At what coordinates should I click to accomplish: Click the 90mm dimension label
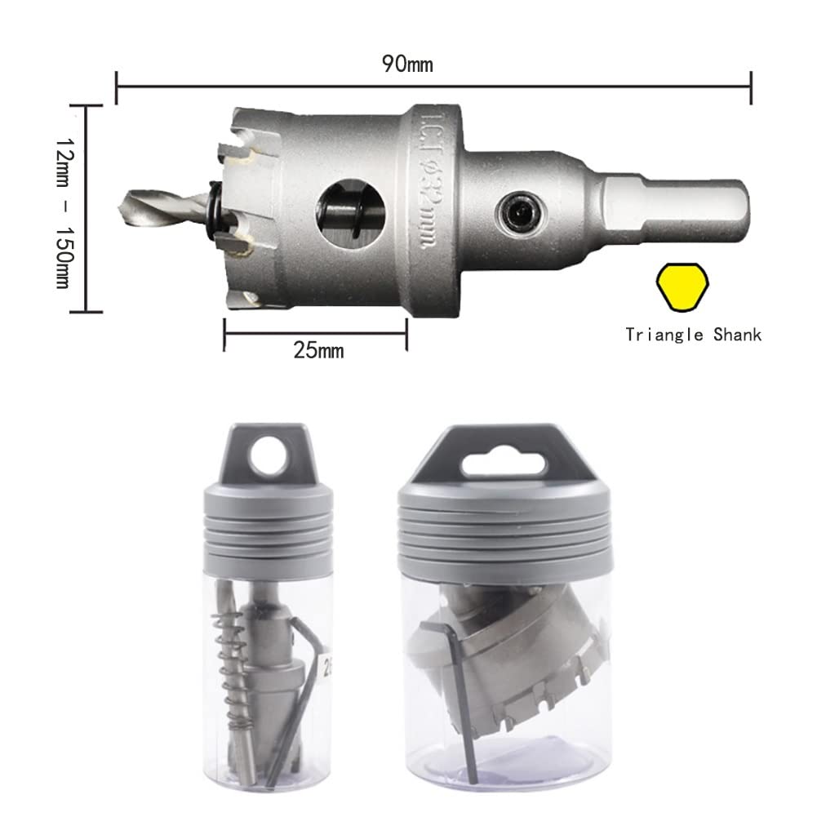click(407, 64)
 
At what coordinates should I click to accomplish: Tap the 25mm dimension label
click(318, 350)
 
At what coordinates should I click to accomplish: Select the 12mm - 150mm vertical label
click(65, 213)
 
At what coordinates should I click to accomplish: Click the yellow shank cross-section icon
click(682, 287)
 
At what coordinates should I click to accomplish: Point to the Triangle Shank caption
click(694, 335)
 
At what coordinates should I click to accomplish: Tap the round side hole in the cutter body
click(352, 214)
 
